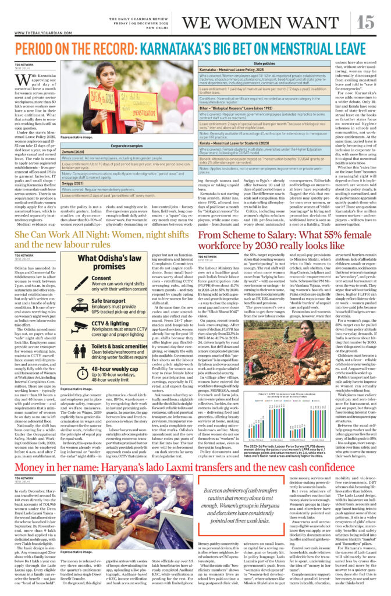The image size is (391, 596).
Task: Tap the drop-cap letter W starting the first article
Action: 23,81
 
